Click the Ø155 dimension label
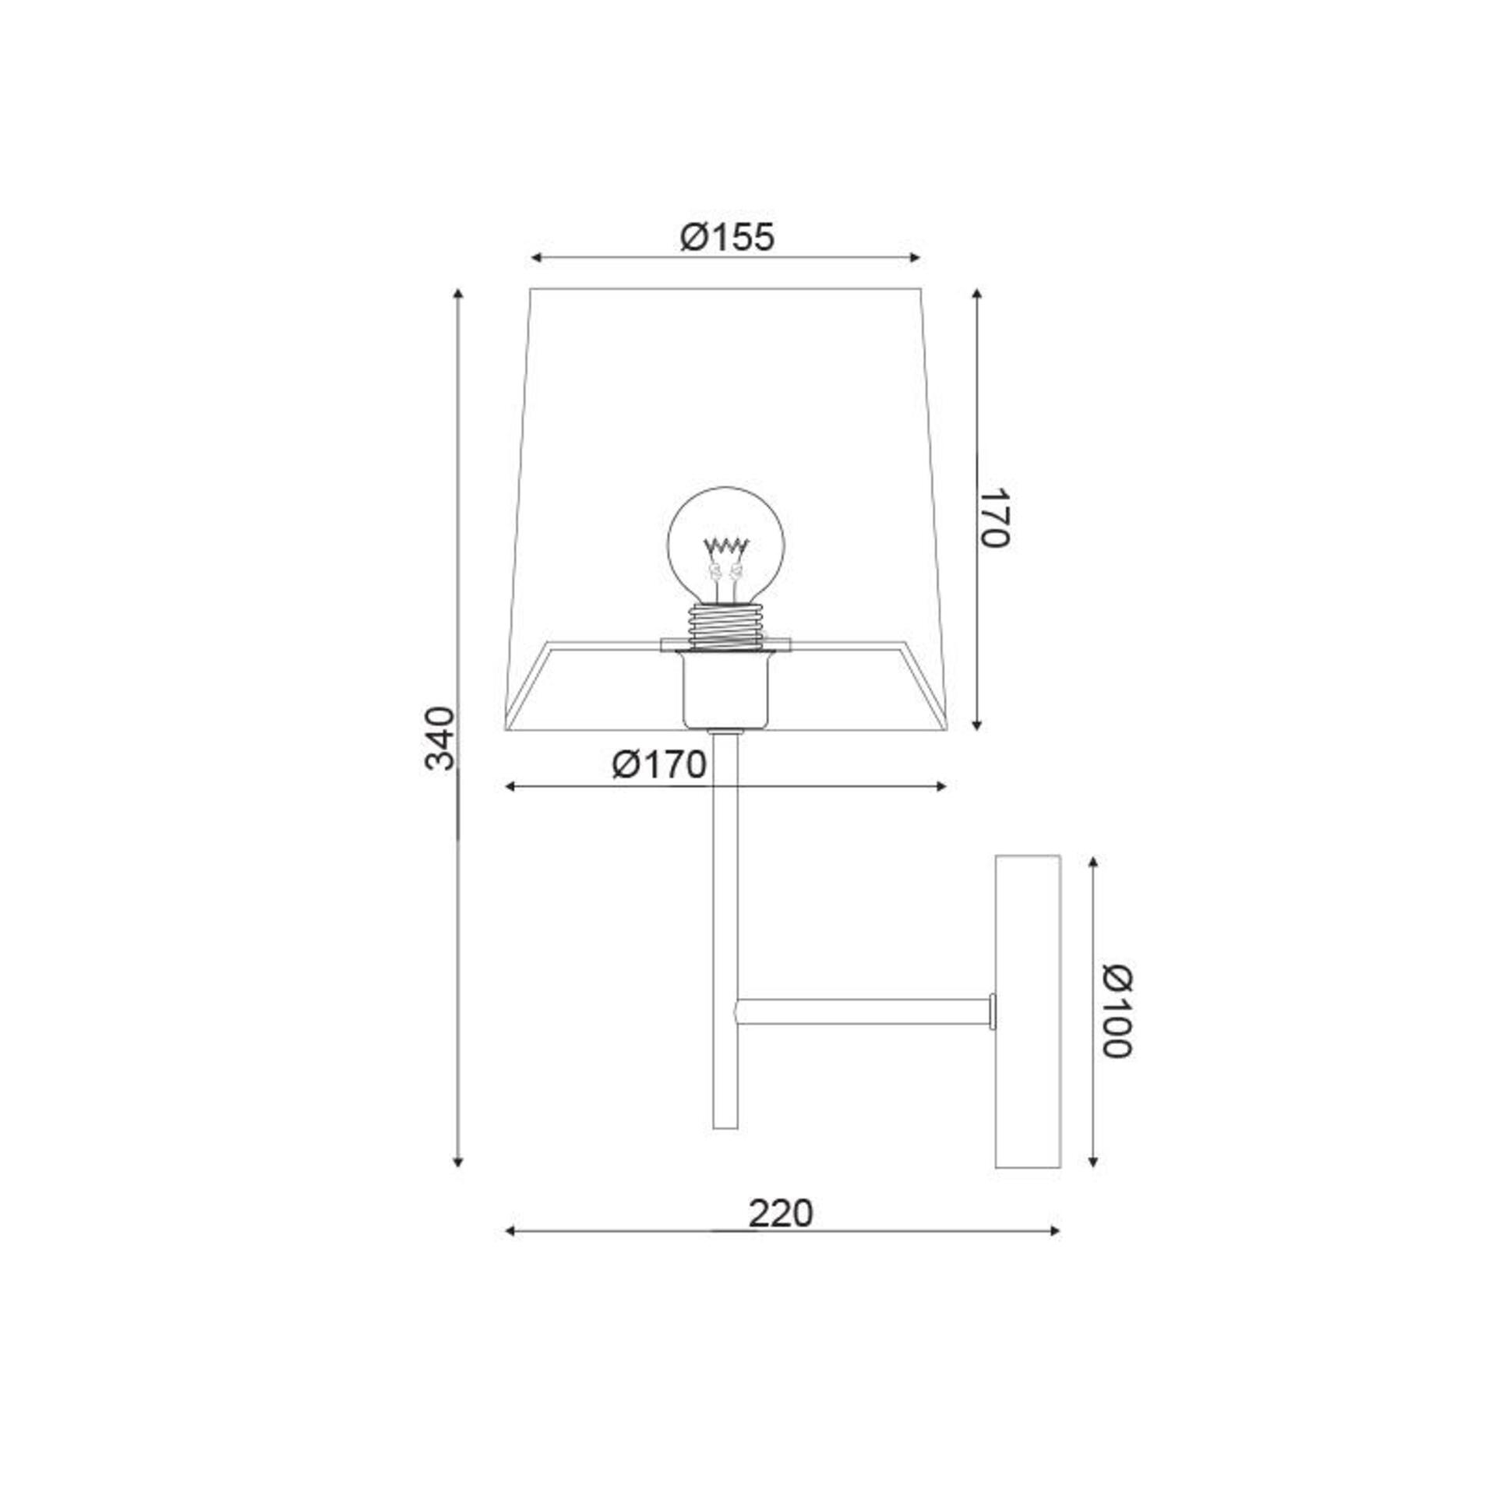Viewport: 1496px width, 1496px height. [727, 237]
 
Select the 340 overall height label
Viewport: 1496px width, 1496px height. [440, 738]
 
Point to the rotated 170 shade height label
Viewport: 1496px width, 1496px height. [994, 518]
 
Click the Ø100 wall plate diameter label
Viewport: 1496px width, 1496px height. [1117, 1011]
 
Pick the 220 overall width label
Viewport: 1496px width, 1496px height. [781, 1213]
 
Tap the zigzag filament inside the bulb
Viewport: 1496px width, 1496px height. [725, 545]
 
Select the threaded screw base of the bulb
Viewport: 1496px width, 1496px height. [725, 627]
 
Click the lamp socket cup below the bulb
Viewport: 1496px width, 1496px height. [725, 690]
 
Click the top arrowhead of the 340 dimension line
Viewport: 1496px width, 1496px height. [458, 294]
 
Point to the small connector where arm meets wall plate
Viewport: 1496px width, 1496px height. [992, 1011]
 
